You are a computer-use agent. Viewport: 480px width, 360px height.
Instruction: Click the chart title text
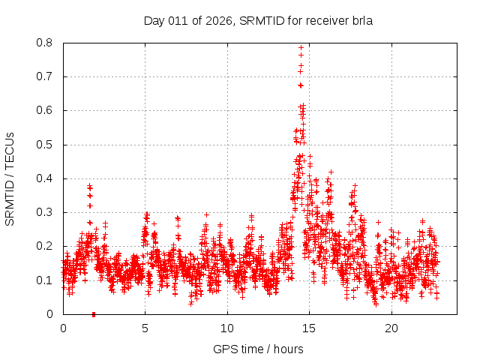tap(258, 21)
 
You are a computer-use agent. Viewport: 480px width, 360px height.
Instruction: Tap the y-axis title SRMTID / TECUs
tap(10, 178)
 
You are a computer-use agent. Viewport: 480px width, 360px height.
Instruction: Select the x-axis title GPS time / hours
tap(258, 349)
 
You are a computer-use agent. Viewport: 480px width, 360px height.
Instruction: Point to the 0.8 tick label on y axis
tap(46, 43)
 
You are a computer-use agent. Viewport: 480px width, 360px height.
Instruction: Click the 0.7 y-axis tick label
tap(46, 76)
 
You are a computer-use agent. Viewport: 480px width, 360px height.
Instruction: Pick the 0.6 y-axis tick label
tap(46, 110)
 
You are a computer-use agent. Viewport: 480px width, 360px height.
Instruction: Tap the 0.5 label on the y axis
tap(46, 145)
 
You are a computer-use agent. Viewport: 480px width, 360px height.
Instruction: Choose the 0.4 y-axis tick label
tap(46, 178)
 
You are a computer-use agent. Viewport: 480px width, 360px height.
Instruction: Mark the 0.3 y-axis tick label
tap(46, 212)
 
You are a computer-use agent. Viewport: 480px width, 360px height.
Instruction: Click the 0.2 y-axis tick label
tap(46, 246)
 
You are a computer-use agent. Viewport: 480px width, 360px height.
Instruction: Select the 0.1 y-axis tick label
tap(46, 280)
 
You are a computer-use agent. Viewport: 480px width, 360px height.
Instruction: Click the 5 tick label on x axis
tap(145, 328)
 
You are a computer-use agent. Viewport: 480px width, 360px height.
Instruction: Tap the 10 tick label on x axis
tap(227, 328)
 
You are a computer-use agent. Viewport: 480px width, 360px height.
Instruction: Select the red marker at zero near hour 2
tap(94, 314)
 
